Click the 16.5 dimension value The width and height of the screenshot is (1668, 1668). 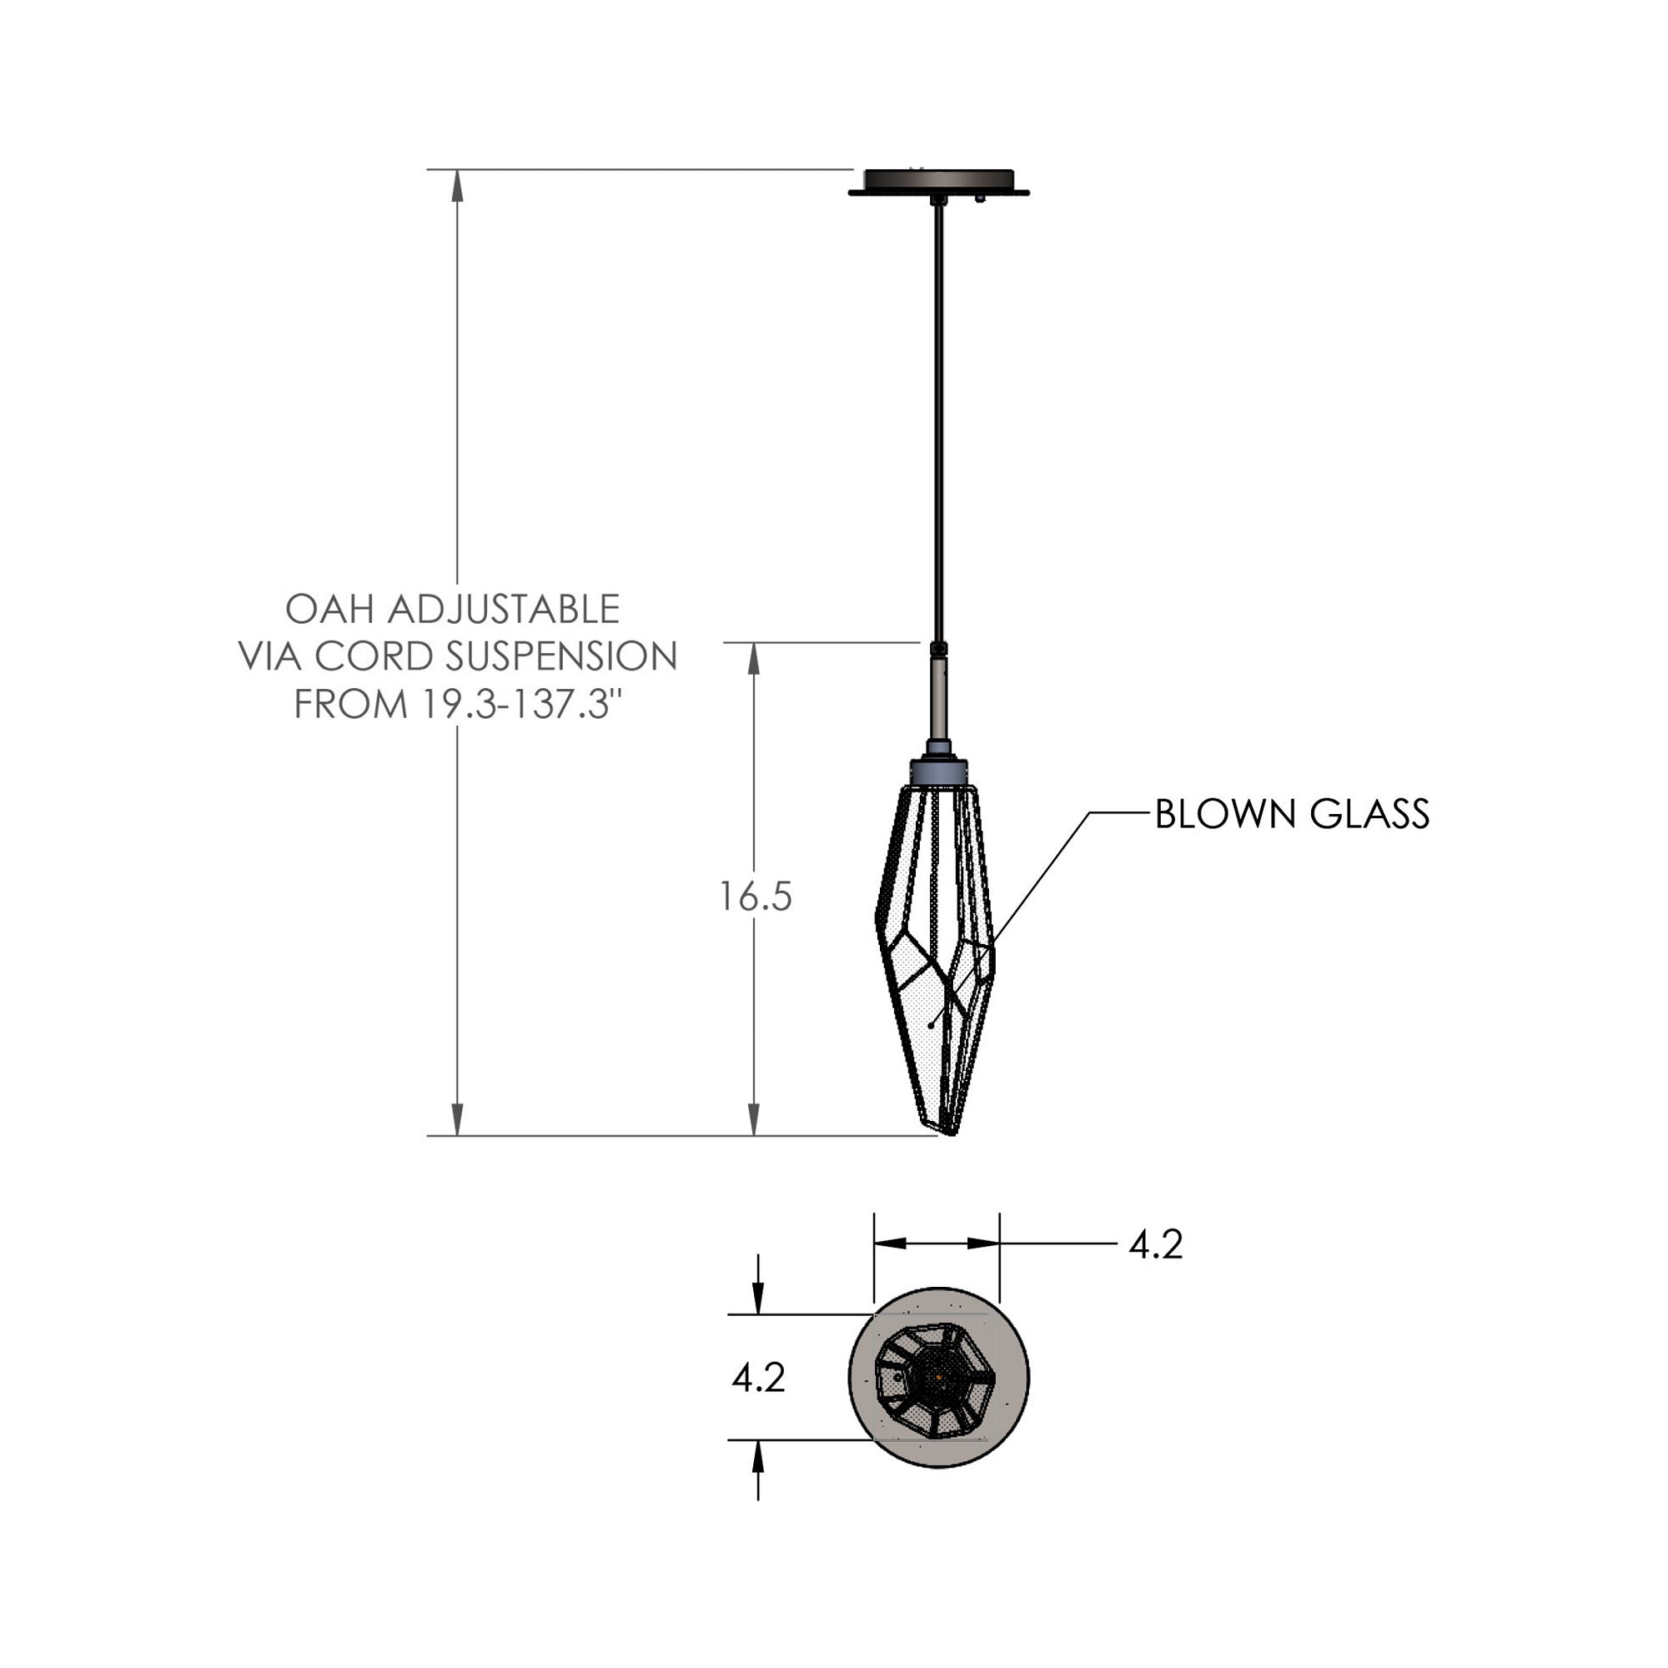pyautogui.click(x=756, y=897)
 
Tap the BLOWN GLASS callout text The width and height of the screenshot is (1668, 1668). pyautogui.click(x=1292, y=814)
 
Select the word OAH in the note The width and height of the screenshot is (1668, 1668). pyautogui.click(x=329, y=610)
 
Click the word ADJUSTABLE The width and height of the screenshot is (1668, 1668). pyautogui.click(x=504, y=610)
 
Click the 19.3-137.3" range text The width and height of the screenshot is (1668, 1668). pyautogui.click(x=523, y=705)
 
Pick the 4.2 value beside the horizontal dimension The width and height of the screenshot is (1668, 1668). pyautogui.click(x=1155, y=1244)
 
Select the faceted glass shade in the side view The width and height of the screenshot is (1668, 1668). pyautogui.click(x=934, y=950)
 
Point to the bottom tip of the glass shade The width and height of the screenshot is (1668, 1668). pyautogui.click(x=950, y=1132)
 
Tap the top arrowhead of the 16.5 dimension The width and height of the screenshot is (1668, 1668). pyautogui.click(x=755, y=659)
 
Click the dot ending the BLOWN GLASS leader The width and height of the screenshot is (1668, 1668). pyautogui.click(x=931, y=1025)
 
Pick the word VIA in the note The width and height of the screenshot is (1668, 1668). pyautogui.click(x=270, y=657)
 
